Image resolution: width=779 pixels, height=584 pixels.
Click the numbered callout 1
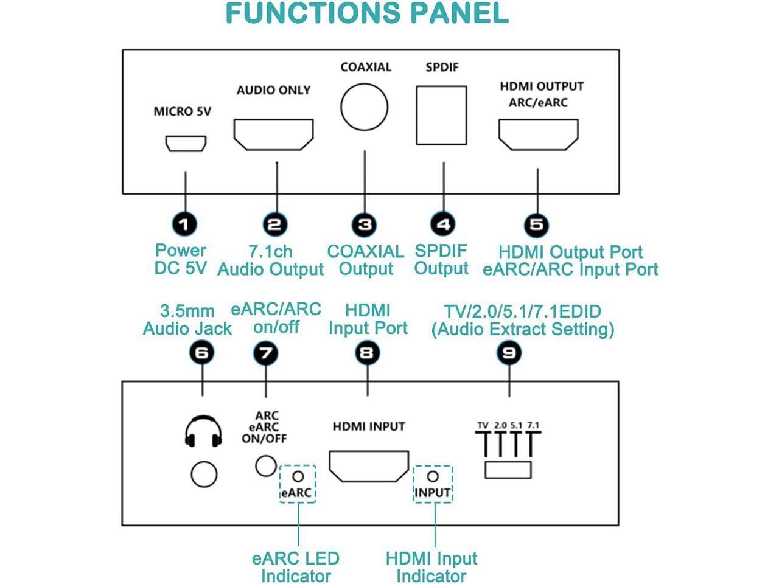[184, 224]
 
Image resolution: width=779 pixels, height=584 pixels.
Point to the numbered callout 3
[364, 224]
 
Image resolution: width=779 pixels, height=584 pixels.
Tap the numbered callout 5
[536, 224]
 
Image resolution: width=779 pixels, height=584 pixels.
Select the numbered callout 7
[265, 353]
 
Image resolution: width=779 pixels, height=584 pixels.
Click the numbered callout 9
[509, 353]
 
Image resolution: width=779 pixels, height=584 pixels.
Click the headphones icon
[203, 431]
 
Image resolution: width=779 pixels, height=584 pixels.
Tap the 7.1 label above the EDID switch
[533, 425]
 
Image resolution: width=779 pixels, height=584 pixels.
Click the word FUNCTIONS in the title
[313, 13]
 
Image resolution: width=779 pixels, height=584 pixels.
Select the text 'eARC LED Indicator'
[296, 568]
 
